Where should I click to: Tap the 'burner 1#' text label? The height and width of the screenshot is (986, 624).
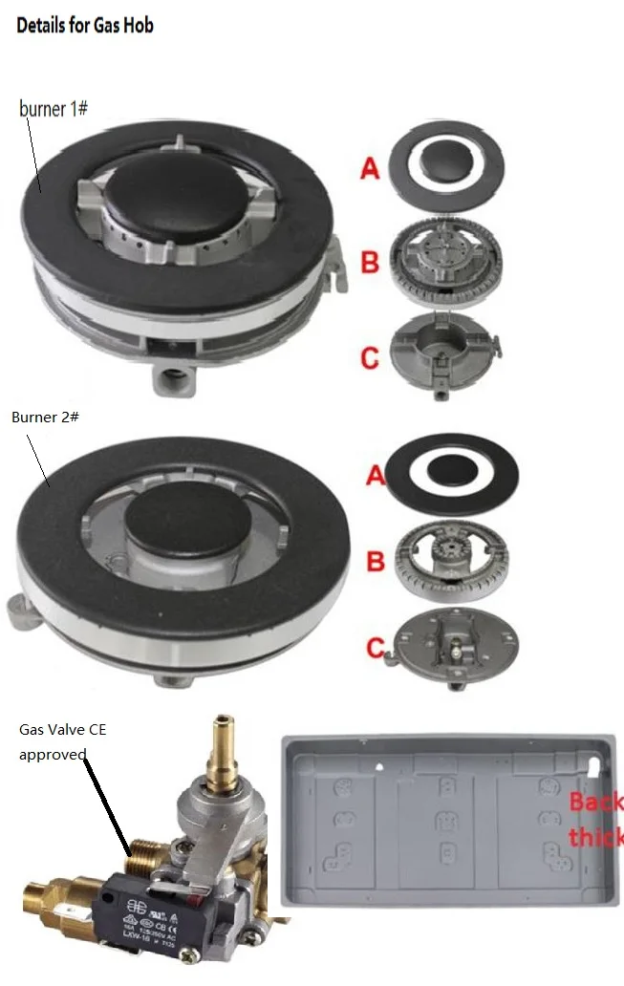54,108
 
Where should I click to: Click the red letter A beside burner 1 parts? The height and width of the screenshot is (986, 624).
370,170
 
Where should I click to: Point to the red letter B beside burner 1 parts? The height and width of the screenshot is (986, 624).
370,261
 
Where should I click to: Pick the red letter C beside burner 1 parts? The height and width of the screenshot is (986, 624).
370,357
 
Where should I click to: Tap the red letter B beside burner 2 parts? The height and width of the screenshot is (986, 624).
376,561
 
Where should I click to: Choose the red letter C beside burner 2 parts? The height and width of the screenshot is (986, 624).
376,648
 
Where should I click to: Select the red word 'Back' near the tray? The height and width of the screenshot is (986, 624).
596,801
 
